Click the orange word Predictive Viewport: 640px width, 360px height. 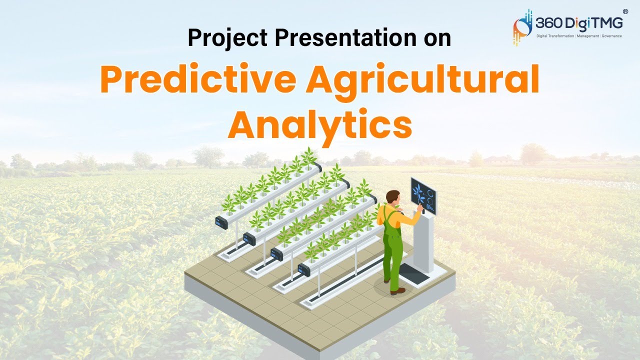pyautogui.click(x=198, y=80)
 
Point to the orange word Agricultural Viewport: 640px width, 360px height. pyautogui.click(x=422, y=80)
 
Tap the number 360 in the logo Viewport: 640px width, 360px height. pyautogui.click(x=549, y=23)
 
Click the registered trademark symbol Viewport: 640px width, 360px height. pyautogui.click(x=625, y=11)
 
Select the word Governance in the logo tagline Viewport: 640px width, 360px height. pyautogui.click(x=611, y=36)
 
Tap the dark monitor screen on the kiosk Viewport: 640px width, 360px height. pyautogui.click(x=423, y=195)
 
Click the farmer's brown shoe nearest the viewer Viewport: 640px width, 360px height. pyautogui.click(x=398, y=291)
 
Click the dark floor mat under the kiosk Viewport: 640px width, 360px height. pyautogui.click(x=415, y=274)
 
